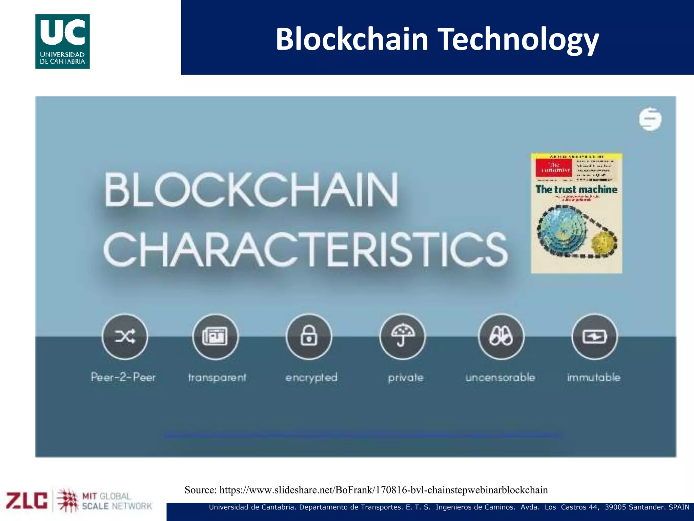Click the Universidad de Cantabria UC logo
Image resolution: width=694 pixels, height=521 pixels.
[x=62, y=41]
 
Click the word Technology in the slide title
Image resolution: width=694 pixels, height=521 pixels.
[x=518, y=39]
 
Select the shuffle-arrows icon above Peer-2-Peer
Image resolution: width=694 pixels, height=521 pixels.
[x=125, y=336]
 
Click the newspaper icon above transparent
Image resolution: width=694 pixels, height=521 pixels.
[x=215, y=336]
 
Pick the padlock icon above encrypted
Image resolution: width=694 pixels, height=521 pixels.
[x=309, y=336]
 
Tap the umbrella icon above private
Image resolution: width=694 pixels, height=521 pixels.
[x=403, y=336]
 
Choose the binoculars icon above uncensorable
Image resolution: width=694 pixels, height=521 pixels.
[x=501, y=336]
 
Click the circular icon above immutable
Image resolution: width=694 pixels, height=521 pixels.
[x=594, y=336]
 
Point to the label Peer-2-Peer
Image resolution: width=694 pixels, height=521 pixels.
[x=123, y=377]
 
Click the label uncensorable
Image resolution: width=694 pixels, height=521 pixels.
[x=500, y=377]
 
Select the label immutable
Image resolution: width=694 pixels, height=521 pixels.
[x=594, y=377]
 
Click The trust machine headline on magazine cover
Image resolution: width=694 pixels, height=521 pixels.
[x=576, y=189]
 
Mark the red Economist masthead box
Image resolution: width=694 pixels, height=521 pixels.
[x=553, y=168]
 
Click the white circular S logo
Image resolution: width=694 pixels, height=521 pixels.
[x=650, y=119]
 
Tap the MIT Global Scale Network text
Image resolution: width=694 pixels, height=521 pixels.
[x=117, y=501]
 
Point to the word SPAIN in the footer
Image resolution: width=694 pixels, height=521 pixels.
[x=679, y=507]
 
